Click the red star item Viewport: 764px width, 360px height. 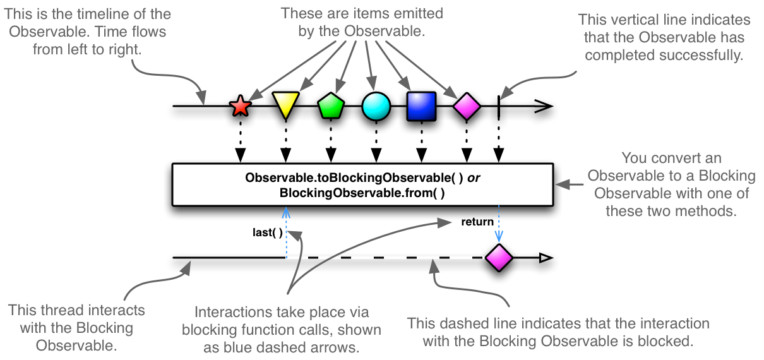(240, 106)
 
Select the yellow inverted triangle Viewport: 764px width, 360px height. (285, 105)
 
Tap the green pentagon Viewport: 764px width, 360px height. (330, 106)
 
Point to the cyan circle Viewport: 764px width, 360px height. (376, 106)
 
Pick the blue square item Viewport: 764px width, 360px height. (421, 106)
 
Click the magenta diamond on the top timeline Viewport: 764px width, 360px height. (467, 106)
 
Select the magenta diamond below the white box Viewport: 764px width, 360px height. (498, 257)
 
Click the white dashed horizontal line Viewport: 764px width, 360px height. (385, 257)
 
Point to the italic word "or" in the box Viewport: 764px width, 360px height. (474, 178)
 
